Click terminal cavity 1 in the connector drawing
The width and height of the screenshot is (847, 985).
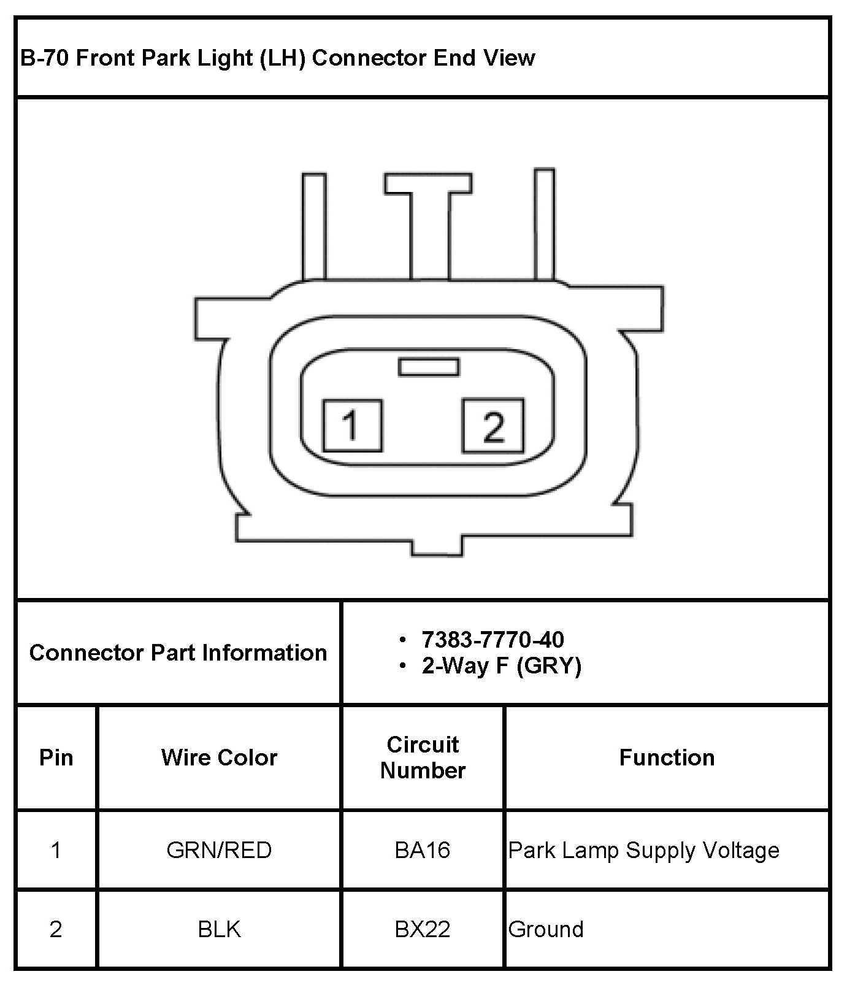[352, 426]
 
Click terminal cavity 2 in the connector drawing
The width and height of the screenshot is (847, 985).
[493, 426]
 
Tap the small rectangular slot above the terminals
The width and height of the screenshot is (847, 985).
[428, 367]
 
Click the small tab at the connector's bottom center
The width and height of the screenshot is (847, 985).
[435, 545]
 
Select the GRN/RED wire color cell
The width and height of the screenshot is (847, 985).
[219, 850]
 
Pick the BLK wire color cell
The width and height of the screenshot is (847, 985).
[219, 929]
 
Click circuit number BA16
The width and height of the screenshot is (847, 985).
[423, 850]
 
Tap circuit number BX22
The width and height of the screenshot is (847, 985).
[423, 929]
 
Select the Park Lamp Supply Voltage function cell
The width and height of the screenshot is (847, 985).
[644, 850]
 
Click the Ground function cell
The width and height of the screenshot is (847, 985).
[546, 929]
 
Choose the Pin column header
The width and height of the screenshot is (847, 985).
[56, 757]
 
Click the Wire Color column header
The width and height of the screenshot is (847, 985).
[219, 757]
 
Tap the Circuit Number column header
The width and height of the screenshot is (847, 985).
[423, 757]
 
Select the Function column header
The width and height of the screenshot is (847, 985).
[667, 757]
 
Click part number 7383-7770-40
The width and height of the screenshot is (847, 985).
[492, 640]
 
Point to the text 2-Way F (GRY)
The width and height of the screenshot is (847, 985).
[501, 665]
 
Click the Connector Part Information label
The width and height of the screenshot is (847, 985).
[178, 653]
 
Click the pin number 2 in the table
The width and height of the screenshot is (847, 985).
[56, 929]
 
